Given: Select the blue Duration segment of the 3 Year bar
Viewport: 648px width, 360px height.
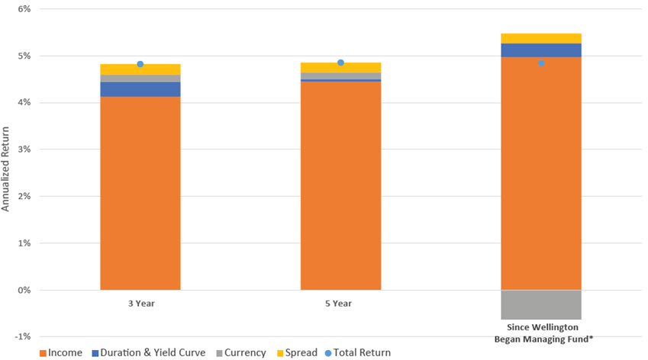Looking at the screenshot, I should point(140,89).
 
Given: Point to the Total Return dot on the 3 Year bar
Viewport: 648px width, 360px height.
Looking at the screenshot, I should point(140,64).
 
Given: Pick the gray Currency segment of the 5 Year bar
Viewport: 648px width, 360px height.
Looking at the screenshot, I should point(340,76).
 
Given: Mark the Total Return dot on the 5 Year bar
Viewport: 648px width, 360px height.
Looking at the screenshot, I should point(340,63).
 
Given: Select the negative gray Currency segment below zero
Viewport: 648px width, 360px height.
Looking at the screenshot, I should point(540,304).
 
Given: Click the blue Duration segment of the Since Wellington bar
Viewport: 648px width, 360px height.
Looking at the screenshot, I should point(540,50).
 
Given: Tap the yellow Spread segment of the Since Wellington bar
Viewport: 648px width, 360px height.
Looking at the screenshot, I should point(540,38).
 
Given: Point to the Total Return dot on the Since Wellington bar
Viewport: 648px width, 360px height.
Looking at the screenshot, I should point(541,63).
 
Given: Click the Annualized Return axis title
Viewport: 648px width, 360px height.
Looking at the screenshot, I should point(6,172).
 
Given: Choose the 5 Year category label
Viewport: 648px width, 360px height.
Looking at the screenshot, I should point(340,304).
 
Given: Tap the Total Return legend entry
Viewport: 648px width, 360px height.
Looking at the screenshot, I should point(355,352).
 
